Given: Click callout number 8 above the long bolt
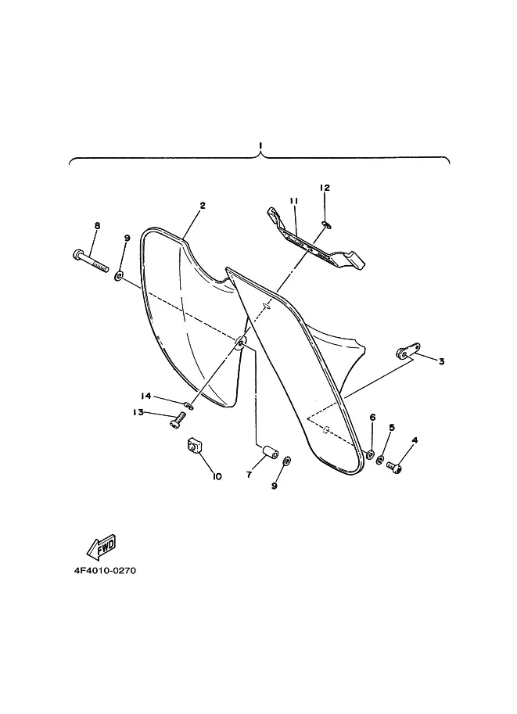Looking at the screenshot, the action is tap(97, 225).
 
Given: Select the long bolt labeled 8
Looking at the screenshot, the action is tap(90, 260).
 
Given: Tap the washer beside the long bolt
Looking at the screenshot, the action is tap(119, 275).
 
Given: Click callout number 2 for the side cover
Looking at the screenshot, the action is tap(203, 206).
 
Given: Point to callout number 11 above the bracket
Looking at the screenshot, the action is tap(293, 200).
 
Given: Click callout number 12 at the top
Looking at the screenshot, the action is tap(325, 188).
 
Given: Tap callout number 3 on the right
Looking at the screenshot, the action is tap(441, 361).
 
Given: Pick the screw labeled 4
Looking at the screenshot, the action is tap(394, 467).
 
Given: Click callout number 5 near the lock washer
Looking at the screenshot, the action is tap(392, 427).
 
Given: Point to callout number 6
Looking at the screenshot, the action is tap(372, 417).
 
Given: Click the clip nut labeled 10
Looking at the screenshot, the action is tap(195, 445).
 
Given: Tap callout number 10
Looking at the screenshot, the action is tap(217, 476).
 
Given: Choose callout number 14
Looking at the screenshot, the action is tap(145, 396).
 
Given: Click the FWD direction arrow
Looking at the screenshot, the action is tap(102, 547).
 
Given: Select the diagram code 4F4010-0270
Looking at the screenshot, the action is tap(105, 571).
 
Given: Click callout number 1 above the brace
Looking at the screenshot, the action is tap(260, 145).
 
